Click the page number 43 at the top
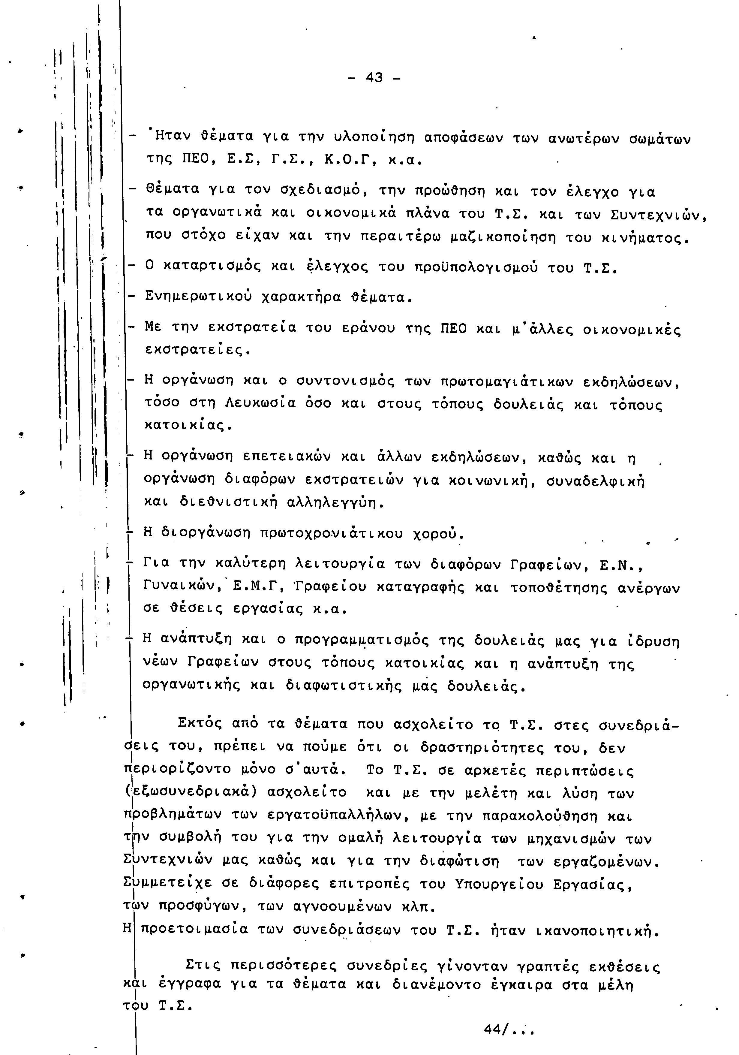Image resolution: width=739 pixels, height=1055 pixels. click(x=374, y=78)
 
